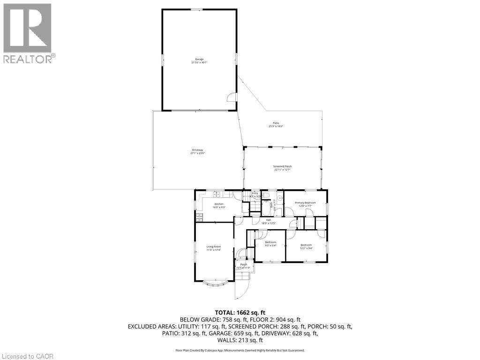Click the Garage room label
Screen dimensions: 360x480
click(199, 59)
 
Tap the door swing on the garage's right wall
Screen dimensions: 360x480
click(231, 97)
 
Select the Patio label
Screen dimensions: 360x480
click(276, 123)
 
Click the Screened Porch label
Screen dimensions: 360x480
click(283, 166)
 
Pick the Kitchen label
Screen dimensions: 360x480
click(218, 204)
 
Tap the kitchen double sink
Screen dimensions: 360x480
click(217, 194)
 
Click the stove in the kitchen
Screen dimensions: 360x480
click(199, 216)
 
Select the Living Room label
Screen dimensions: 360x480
click(213, 247)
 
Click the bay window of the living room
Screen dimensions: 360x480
click(216, 282)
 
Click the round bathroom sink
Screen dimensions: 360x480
click(280, 198)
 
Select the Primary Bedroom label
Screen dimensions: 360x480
click(305, 202)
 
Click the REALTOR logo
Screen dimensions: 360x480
click(28, 33)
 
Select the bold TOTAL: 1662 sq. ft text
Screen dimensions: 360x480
click(240, 312)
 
